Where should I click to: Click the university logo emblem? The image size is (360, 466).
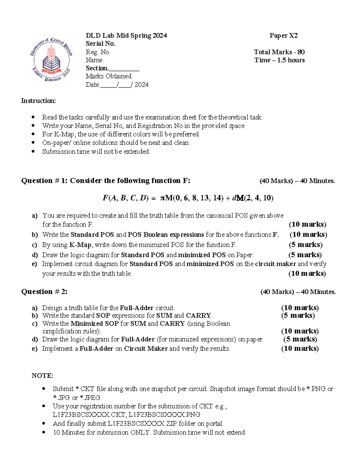[x=51, y=60]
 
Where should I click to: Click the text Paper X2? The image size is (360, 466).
[x=283, y=36]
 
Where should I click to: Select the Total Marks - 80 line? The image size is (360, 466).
[x=279, y=52]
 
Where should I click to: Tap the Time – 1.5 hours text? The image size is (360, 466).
[x=279, y=60]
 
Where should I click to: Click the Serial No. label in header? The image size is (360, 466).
[x=100, y=44]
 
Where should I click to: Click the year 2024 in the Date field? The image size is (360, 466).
[x=141, y=85]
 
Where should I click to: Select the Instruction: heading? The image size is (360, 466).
[x=38, y=101]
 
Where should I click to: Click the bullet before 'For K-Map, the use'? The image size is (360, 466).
[x=33, y=134]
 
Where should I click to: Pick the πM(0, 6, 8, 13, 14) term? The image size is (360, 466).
[x=192, y=198]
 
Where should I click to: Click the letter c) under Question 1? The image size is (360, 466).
[x=34, y=245]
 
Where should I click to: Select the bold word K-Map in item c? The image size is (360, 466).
[x=80, y=245]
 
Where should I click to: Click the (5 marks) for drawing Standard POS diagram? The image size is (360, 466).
[x=305, y=255]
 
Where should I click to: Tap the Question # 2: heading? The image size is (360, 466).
[x=44, y=292]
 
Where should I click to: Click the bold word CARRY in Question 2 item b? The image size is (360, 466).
[x=199, y=315]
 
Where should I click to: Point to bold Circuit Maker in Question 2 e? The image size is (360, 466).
[x=146, y=349]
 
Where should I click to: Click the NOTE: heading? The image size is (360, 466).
[x=42, y=376]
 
